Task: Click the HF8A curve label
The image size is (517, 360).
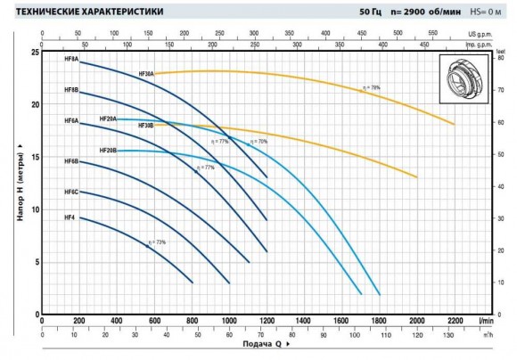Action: click(x=71, y=59)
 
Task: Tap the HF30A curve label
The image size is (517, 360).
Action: click(x=146, y=74)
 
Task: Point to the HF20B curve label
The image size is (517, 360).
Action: click(x=108, y=151)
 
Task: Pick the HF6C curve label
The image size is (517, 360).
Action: click(x=71, y=192)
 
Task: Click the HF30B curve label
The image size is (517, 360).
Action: click(x=146, y=126)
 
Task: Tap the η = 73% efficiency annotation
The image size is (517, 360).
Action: click(x=157, y=241)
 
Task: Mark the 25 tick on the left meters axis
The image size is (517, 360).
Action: click(x=34, y=53)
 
